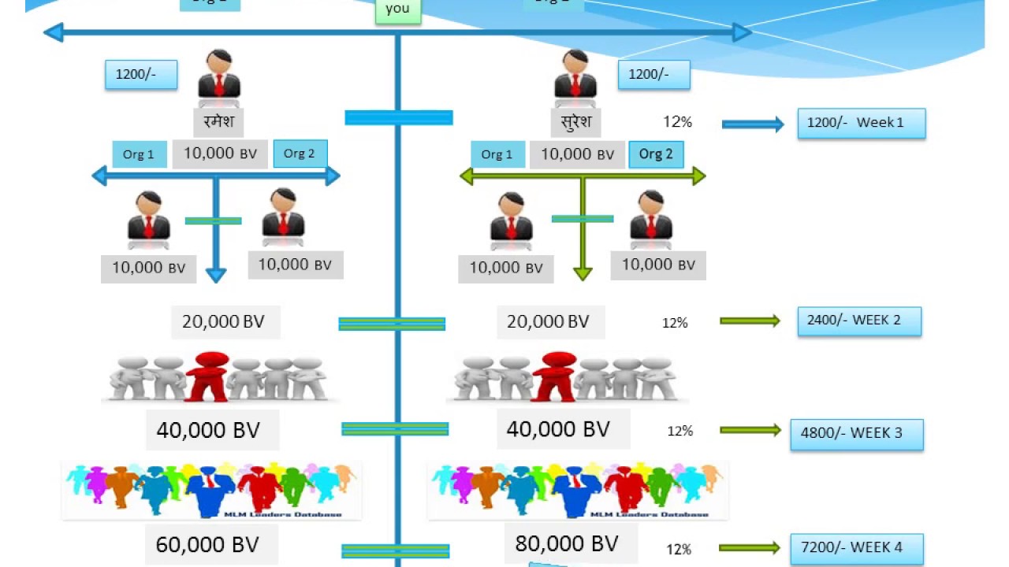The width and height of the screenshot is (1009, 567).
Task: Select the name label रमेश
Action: [218, 122]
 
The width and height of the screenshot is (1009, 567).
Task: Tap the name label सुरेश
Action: [575, 122]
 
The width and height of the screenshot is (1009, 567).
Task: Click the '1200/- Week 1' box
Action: [861, 123]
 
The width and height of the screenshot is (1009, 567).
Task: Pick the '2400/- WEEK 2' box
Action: [859, 321]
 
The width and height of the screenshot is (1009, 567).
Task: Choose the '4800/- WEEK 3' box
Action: [857, 433]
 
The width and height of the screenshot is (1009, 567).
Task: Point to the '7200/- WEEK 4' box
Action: [857, 547]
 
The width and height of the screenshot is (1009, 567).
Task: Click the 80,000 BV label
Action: [567, 543]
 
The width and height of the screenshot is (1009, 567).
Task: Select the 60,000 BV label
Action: [207, 544]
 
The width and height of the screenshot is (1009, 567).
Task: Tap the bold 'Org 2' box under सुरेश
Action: [656, 154]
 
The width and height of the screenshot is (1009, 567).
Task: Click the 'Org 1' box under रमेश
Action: [139, 154]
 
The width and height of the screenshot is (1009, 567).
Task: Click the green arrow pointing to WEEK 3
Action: [750, 430]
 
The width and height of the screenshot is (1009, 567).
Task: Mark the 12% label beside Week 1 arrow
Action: [677, 122]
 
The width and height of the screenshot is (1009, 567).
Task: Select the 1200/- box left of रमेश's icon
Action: [141, 75]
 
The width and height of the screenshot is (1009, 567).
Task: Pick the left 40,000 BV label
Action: [208, 430]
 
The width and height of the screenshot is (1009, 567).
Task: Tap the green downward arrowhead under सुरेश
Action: [583, 273]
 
